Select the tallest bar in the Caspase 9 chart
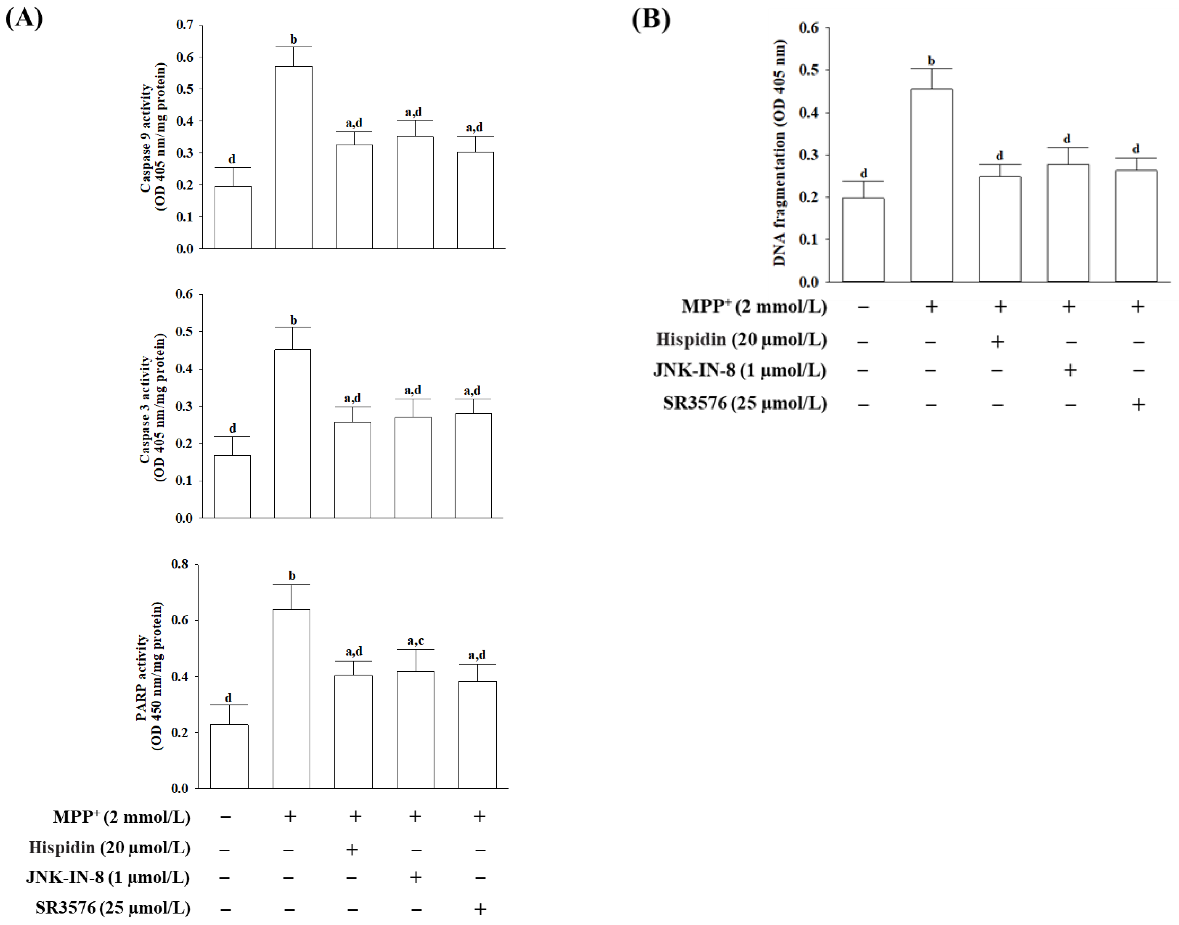pos(293,157)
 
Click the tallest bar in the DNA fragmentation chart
pos(931,185)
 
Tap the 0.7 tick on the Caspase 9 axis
pos(184,25)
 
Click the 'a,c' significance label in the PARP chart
pos(415,641)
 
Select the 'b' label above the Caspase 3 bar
pos(293,320)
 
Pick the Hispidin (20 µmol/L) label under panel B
pos(741,339)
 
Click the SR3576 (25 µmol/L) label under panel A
pos(113,908)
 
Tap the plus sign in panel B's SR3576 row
pos(1138,404)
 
